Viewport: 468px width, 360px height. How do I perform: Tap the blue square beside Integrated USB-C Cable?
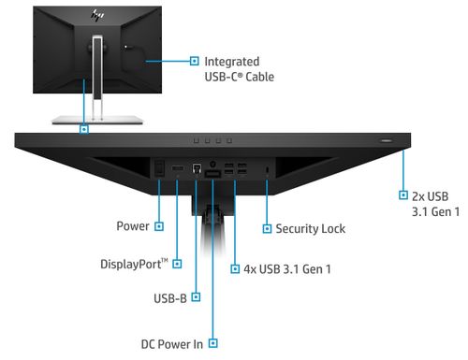click(195, 60)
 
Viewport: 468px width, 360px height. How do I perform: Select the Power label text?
click(133, 226)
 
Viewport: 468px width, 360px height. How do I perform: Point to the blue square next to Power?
click(159, 226)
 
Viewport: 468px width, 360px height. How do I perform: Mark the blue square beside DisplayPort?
click(178, 264)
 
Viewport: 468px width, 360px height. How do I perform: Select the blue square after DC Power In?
click(213, 343)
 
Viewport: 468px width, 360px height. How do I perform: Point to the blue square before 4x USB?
click(234, 269)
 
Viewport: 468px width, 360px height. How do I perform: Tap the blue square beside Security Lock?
click(268, 228)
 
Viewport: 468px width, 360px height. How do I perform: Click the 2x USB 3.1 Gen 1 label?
click(436, 204)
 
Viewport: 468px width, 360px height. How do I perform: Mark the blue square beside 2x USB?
click(402, 196)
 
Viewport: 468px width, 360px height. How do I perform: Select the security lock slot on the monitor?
click(268, 169)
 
